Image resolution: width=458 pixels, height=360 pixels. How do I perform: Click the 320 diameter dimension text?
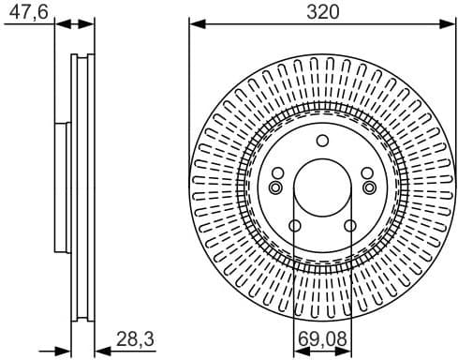point(321,11)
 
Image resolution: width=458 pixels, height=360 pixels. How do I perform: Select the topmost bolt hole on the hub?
point(322,142)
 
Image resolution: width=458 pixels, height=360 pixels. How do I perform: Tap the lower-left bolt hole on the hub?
point(295,226)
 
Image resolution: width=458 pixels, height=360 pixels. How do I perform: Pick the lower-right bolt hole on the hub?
point(349,226)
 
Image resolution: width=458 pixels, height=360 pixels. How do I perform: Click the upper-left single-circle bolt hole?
point(278,172)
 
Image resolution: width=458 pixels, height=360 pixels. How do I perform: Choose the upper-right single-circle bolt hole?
point(366,172)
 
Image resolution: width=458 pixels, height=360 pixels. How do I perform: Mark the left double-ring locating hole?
point(275,187)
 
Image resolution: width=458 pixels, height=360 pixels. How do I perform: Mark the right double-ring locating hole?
point(369,187)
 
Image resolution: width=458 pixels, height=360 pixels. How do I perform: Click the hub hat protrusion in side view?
point(60,187)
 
